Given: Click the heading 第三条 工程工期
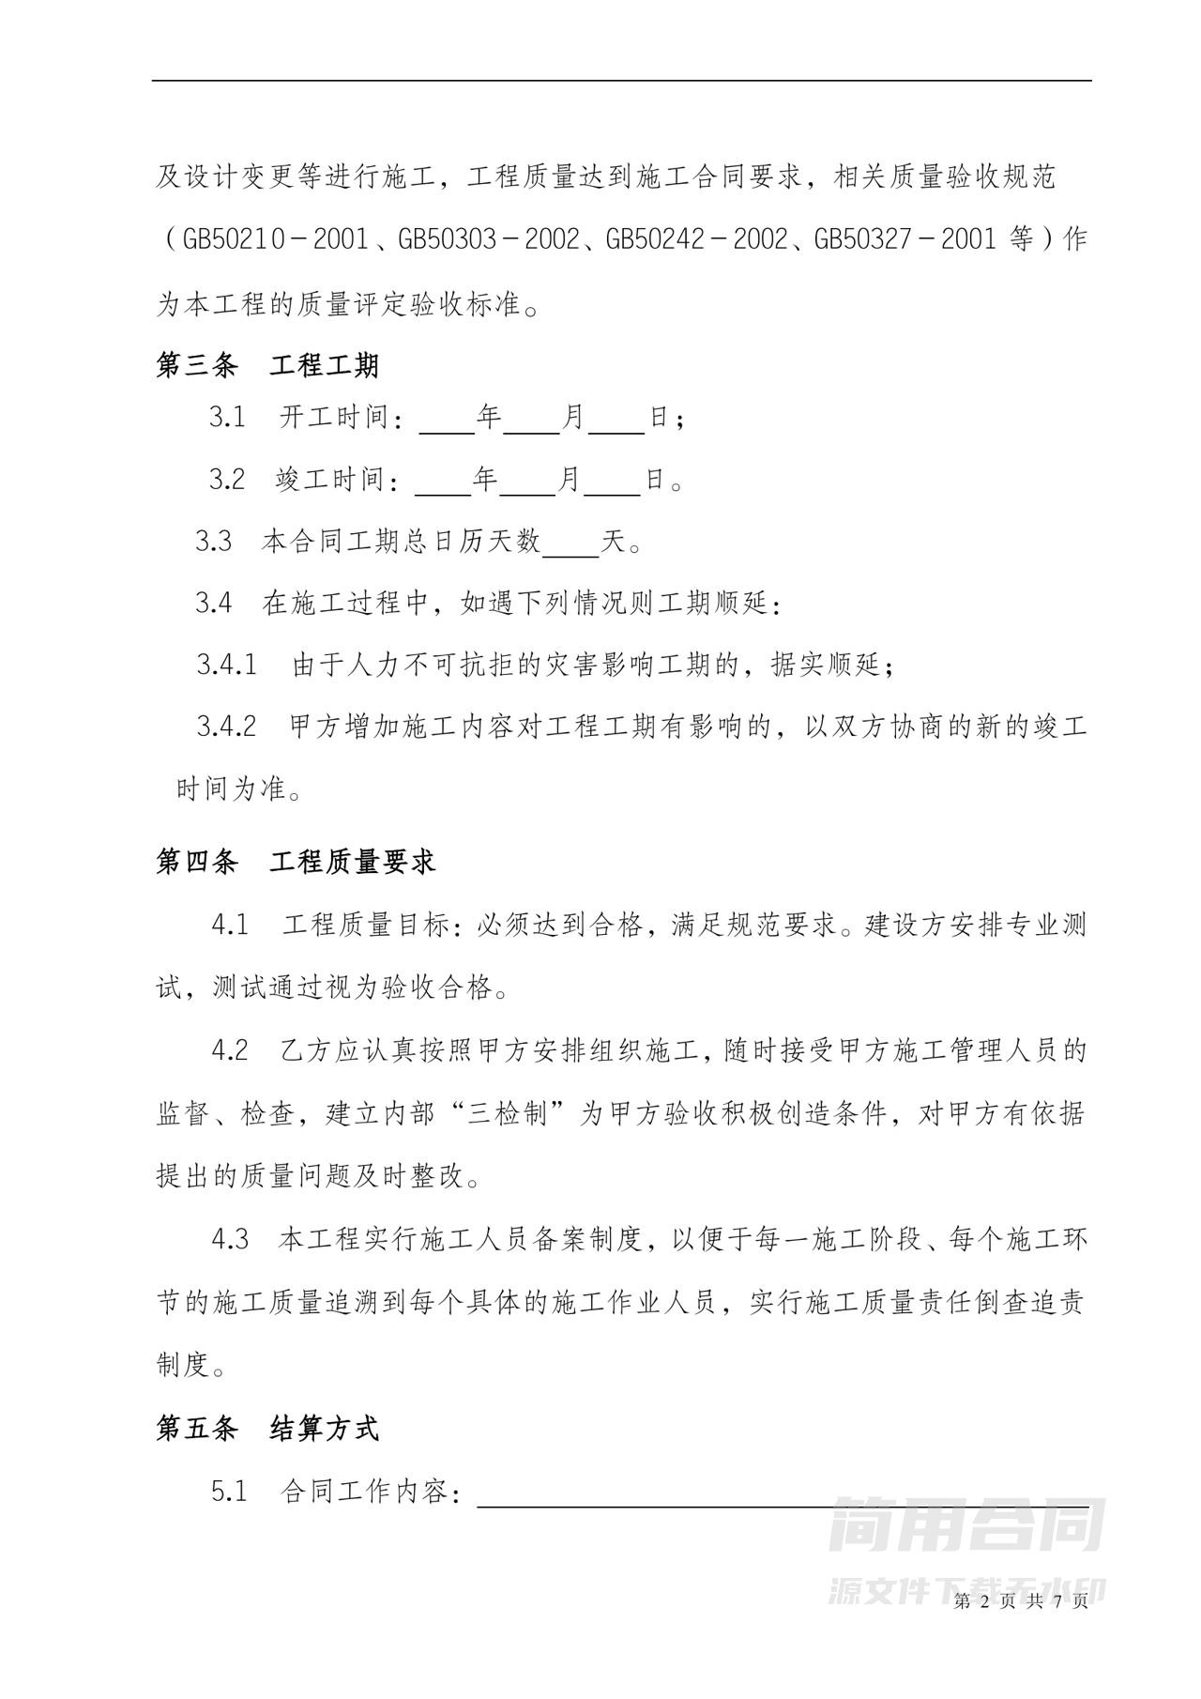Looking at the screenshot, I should (267, 364).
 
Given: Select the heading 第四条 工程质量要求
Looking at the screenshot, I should (296, 862).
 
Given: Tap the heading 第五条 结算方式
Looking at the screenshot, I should (267, 1429).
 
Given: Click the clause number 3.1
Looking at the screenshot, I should (227, 418).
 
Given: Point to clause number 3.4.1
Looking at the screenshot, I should (226, 666).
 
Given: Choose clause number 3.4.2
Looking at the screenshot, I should (226, 727).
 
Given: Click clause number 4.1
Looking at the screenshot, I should (230, 926).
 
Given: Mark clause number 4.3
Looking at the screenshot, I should (230, 1239).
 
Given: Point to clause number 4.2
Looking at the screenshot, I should (230, 1050).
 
